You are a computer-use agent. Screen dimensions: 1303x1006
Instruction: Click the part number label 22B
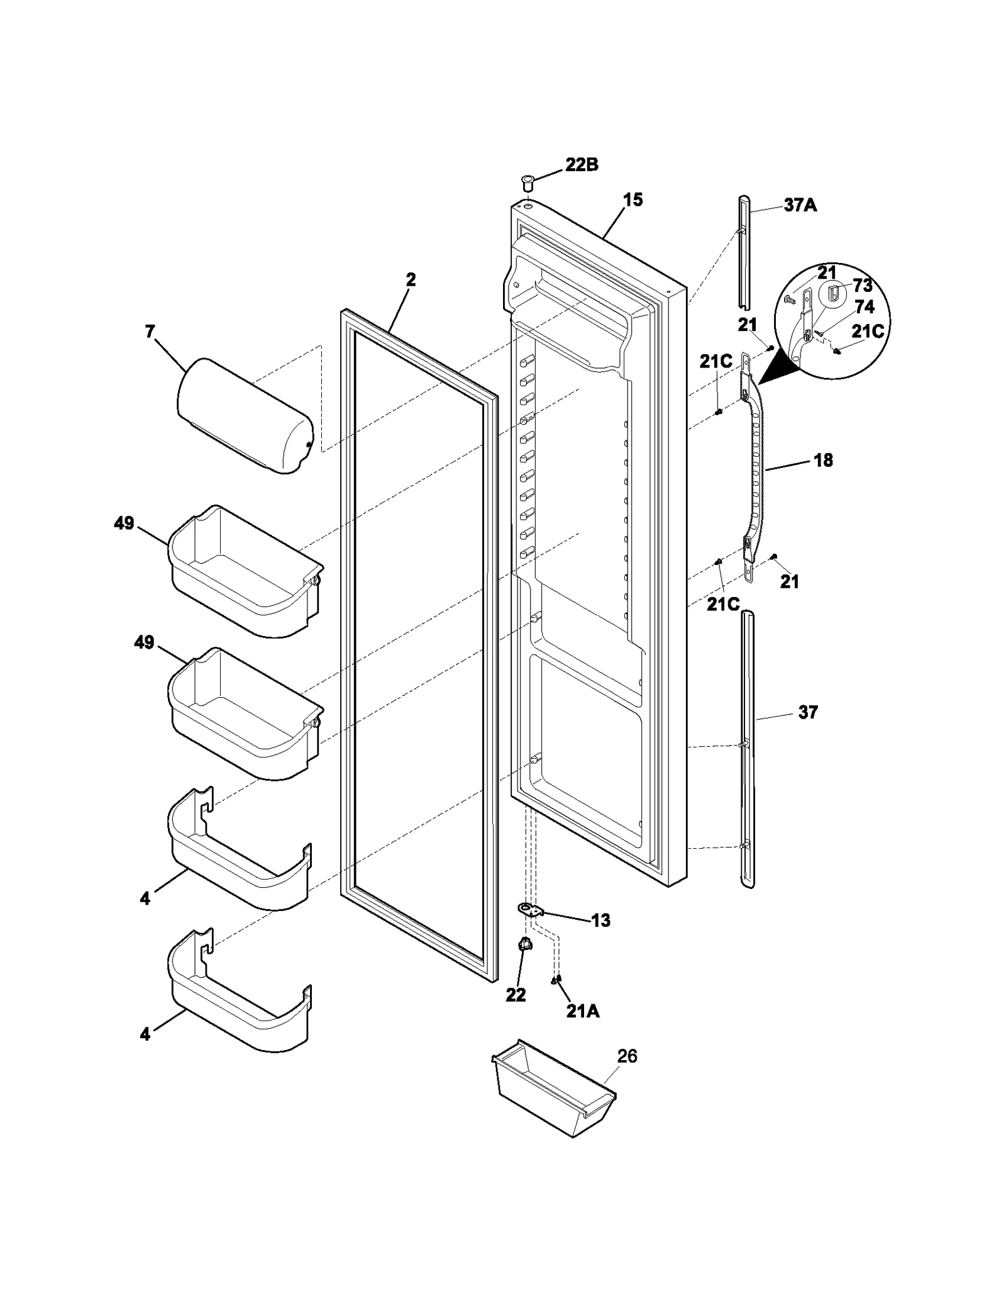pyautogui.click(x=581, y=165)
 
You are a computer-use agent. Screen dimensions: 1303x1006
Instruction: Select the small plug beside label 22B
pyautogui.click(x=527, y=184)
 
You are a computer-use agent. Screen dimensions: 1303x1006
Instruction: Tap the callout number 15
pyautogui.click(x=633, y=200)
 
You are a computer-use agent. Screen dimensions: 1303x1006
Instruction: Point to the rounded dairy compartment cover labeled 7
pyautogui.click(x=245, y=415)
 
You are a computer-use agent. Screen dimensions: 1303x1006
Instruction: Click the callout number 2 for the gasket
pyautogui.click(x=410, y=279)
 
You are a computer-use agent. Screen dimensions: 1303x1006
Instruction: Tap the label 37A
pyautogui.click(x=800, y=205)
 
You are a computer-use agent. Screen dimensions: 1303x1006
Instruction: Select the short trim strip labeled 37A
pyautogui.click(x=744, y=252)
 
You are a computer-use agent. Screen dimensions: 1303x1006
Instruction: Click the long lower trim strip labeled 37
pyautogui.click(x=748, y=749)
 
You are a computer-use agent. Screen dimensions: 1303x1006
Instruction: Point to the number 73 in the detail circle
pyautogui.click(x=862, y=286)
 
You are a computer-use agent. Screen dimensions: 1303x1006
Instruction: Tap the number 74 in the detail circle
pyautogui.click(x=864, y=307)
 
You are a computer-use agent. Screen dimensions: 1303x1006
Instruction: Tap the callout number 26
pyautogui.click(x=627, y=1056)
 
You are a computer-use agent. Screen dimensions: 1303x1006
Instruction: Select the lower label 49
pyautogui.click(x=144, y=642)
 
